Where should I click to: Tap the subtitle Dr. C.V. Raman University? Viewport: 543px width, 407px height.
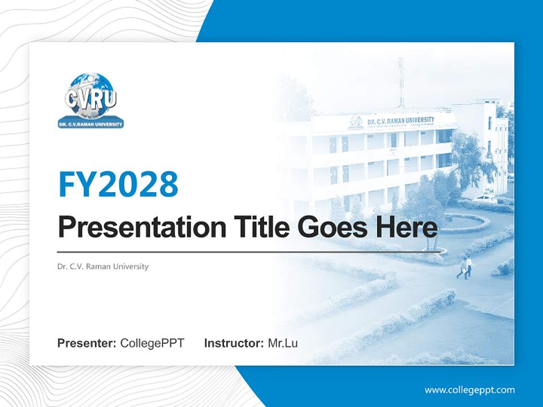tap(103, 266)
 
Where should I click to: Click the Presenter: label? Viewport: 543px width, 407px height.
tap(87, 343)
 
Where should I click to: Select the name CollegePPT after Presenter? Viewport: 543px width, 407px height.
tap(152, 343)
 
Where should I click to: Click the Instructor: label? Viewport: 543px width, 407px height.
tap(234, 343)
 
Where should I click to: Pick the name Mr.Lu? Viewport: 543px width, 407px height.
tap(283, 343)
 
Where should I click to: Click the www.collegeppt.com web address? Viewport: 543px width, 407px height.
tap(469, 389)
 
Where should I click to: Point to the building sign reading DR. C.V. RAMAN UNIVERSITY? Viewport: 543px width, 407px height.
tap(400, 120)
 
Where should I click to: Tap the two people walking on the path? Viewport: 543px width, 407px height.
tap(466, 267)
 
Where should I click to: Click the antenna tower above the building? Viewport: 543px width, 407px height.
tap(400, 82)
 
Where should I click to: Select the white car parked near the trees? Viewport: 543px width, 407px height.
tap(485, 198)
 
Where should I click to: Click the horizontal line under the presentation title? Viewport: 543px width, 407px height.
tap(249, 252)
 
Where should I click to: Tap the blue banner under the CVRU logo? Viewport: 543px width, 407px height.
tap(90, 124)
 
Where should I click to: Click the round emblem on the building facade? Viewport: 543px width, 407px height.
tap(356, 122)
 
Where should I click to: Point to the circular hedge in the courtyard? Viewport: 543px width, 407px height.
tap(461, 224)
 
